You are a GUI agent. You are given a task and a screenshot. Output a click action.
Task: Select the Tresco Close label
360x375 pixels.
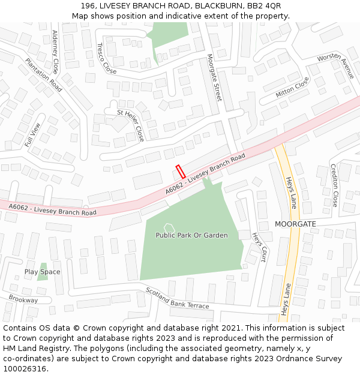pos(106,58)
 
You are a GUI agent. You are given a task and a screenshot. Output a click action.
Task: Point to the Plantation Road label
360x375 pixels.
pos(43,75)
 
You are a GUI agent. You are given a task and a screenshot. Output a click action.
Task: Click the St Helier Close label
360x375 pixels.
pos(130,125)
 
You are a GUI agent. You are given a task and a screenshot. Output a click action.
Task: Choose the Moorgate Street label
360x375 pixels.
pos(214,77)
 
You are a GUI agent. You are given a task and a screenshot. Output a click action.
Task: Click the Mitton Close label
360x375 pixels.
pos(292,88)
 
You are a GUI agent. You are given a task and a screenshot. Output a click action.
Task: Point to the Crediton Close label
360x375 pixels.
pos(334,185)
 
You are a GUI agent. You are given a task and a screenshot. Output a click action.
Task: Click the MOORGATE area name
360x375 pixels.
pos(295,224)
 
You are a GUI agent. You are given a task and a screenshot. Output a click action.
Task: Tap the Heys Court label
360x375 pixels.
pos(259,247)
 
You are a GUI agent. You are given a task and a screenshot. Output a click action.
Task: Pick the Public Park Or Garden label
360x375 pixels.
pos(191,235)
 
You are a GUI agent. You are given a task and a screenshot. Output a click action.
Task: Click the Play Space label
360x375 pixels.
pos(42,272)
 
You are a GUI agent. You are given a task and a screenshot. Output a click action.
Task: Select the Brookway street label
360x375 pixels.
pos(23,299)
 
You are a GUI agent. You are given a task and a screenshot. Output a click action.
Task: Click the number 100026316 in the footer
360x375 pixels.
pos(25,369)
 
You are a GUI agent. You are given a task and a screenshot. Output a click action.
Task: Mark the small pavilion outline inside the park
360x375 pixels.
pos(169,227)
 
